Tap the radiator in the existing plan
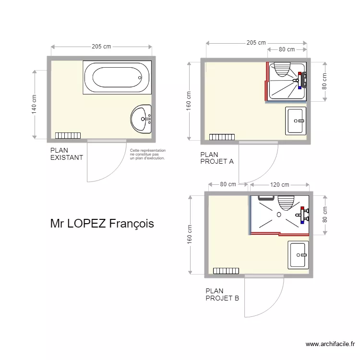[x=68, y=136]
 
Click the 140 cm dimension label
[x=34, y=103]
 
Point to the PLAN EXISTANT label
[x=66, y=154]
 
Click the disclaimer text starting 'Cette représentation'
[x=147, y=154]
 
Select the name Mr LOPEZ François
[x=102, y=224]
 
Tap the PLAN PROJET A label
[x=216, y=158]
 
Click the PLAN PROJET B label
[x=222, y=294]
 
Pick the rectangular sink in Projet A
[x=296, y=121]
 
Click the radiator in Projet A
[x=222, y=137]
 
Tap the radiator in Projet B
[x=226, y=271]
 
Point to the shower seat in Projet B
[x=286, y=203]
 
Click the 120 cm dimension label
[x=279, y=184]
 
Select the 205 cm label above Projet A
[x=256, y=43]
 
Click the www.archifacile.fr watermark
[x=331, y=344]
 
